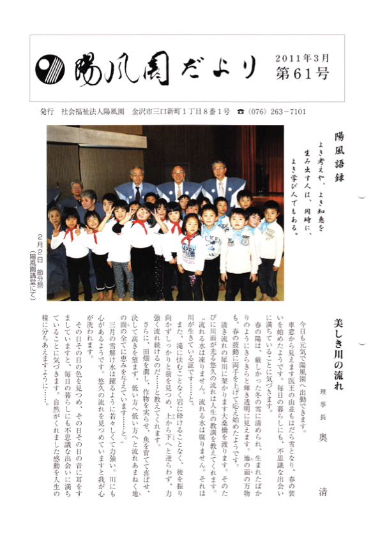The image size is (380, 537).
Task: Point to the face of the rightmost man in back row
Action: click(219, 171)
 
